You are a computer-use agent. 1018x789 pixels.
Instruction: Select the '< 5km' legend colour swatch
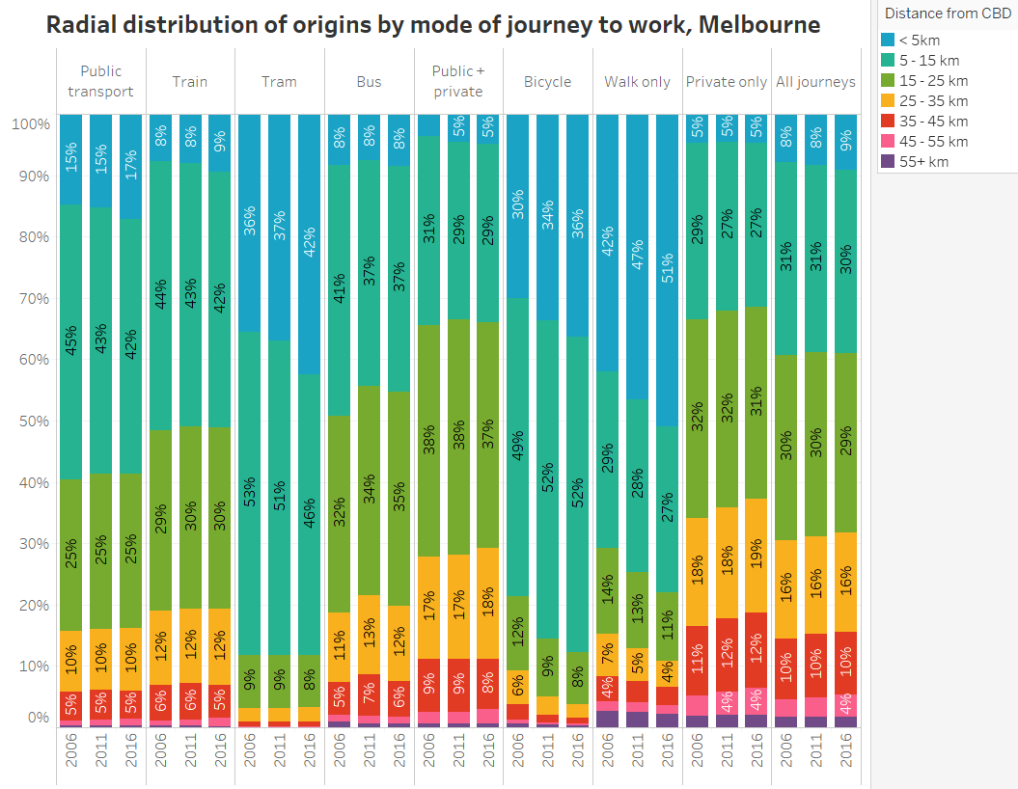tap(891, 40)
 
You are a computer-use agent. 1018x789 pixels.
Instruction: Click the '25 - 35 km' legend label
tap(939, 100)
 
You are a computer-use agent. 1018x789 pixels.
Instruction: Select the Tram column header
tap(279, 82)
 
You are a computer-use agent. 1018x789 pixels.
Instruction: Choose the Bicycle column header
tap(547, 82)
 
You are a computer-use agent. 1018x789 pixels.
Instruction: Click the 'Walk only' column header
tap(637, 82)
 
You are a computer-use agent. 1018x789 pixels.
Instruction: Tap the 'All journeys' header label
tap(815, 82)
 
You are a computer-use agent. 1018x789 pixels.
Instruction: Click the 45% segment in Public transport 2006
tap(71, 341)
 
